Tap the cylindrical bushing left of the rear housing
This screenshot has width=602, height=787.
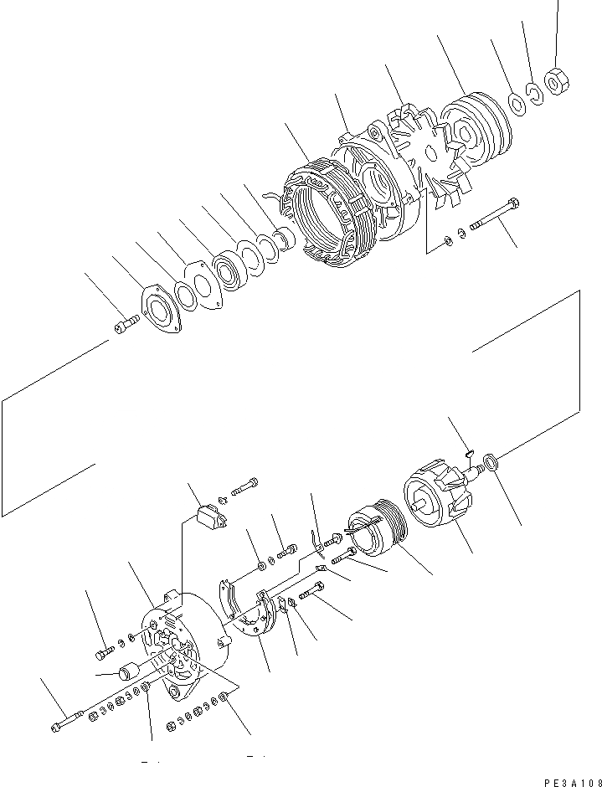click(130, 671)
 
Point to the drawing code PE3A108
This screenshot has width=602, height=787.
click(570, 780)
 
